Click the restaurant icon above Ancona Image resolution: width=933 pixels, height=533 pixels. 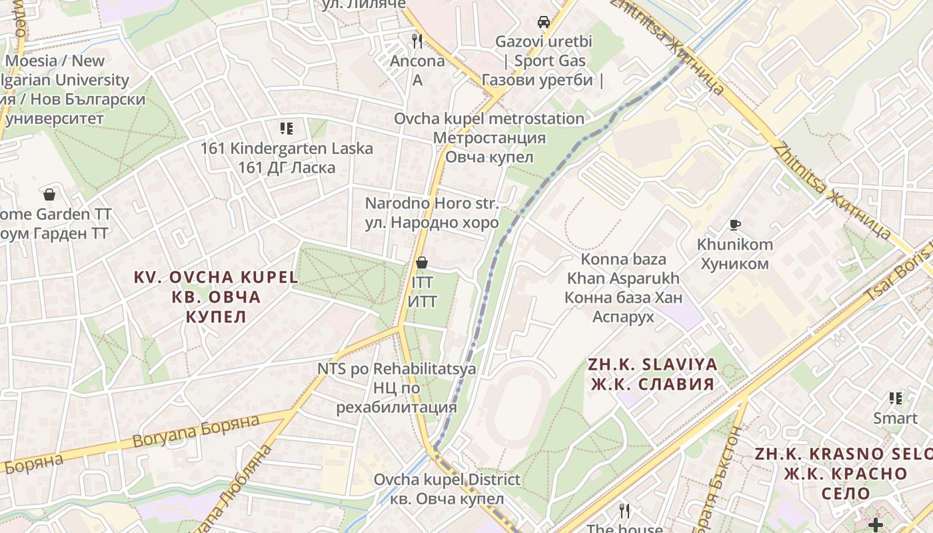[x=417, y=41]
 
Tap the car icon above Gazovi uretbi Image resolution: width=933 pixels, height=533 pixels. [x=544, y=21]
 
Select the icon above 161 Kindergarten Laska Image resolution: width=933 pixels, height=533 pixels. [x=287, y=128]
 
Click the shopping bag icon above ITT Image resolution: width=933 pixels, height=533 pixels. [x=421, y=263]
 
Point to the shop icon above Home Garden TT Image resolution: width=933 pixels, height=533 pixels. [x=49, y=195]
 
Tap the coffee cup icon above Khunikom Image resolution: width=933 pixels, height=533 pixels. [x=735, y=225]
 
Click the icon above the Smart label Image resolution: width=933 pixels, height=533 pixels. [x=896, y=398]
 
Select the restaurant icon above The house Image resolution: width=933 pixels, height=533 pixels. [x=624, y=511]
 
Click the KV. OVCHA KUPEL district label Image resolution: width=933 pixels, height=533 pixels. [x=216, y=296]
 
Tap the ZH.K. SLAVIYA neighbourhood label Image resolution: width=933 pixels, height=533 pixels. [x=652, y=374]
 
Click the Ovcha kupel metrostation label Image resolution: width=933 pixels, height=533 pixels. [x=489, y=138]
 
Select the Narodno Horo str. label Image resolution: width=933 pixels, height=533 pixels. [x=432, y=213]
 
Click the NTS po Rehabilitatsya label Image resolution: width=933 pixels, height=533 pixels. [x=397, y=387]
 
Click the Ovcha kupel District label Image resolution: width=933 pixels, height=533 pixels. [x=447, y=488]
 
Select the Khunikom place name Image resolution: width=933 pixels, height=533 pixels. [x=734, y=254]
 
